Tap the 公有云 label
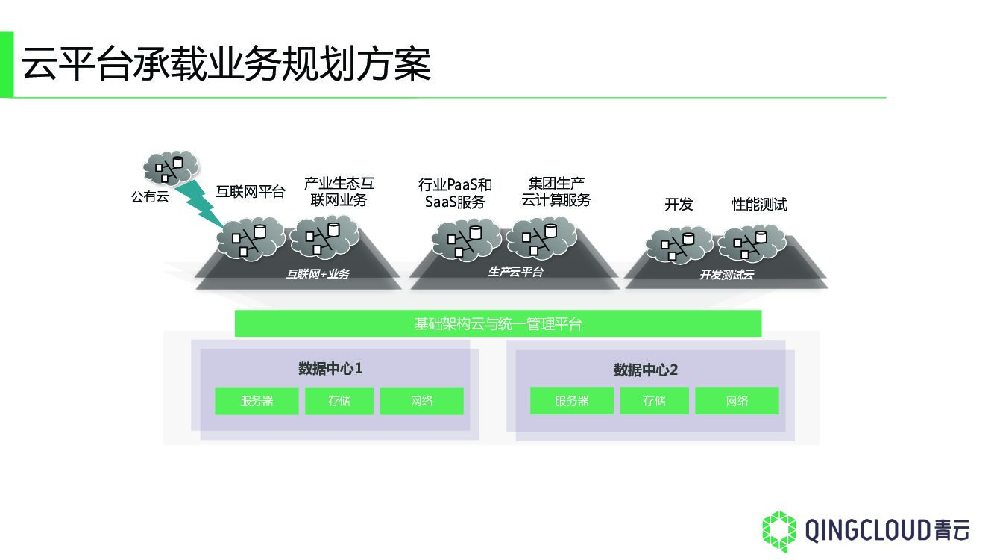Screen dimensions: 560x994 pyautogui.click(x=150, y=197)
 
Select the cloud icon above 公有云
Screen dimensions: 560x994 pyautogui.click(x=171, y=167)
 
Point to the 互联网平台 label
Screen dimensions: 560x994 pyautogui.click(x=251, y=192)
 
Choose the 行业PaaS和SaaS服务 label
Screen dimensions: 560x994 pyautogui.click(x=455, y=193)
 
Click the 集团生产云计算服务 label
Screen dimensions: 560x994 pyautogui.click(x=556, y=192)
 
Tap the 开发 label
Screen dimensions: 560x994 pyautogui.click(x=679, y=205)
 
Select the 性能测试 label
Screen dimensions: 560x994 pyautogui.click(x=759, y=205)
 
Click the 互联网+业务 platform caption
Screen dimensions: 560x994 pyautogui.click(x=318, y=274)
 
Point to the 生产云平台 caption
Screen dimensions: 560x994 pyautogui.click(x=516, y=272)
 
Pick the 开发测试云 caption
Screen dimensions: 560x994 pyautogui.click(x=726, y=275)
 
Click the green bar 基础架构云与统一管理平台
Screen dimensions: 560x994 pyautogui.click(x=497, y=324)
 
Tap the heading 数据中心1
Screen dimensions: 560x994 pyautogui.click(x=330, y=368)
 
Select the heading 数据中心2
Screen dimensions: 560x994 pyautogui.click(x=646, y=370)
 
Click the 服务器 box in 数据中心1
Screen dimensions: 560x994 pyautogui.click(x=257, y=401)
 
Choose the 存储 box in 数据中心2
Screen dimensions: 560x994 pyautogui.click(x=654, y=401)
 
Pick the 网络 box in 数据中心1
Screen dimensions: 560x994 pyautogui.click(x=421, y=401)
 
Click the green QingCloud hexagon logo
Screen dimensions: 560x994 pyautogui.click(x=779, y=531)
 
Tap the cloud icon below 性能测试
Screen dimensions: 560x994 pyautogui.click(x=752, y=243)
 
